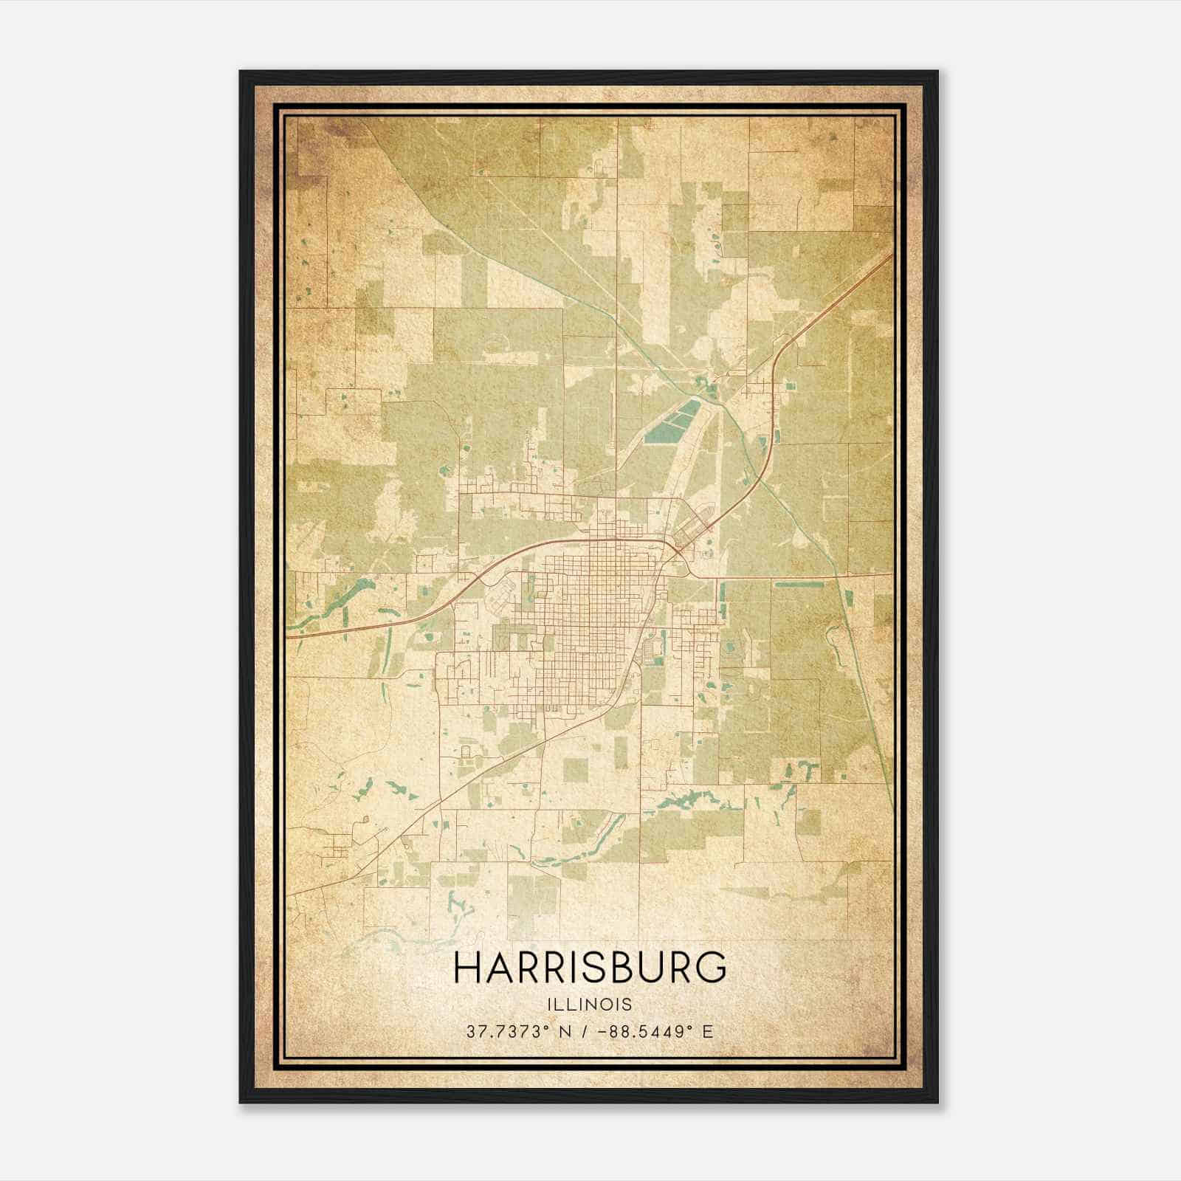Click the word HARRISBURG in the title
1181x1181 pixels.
coord(590,968)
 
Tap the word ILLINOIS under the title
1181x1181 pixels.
coord(590,1005)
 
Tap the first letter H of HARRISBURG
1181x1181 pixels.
coord(466,968)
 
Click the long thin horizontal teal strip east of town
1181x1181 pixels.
coord(799,585)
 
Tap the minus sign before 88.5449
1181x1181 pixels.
coord(605,1032)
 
